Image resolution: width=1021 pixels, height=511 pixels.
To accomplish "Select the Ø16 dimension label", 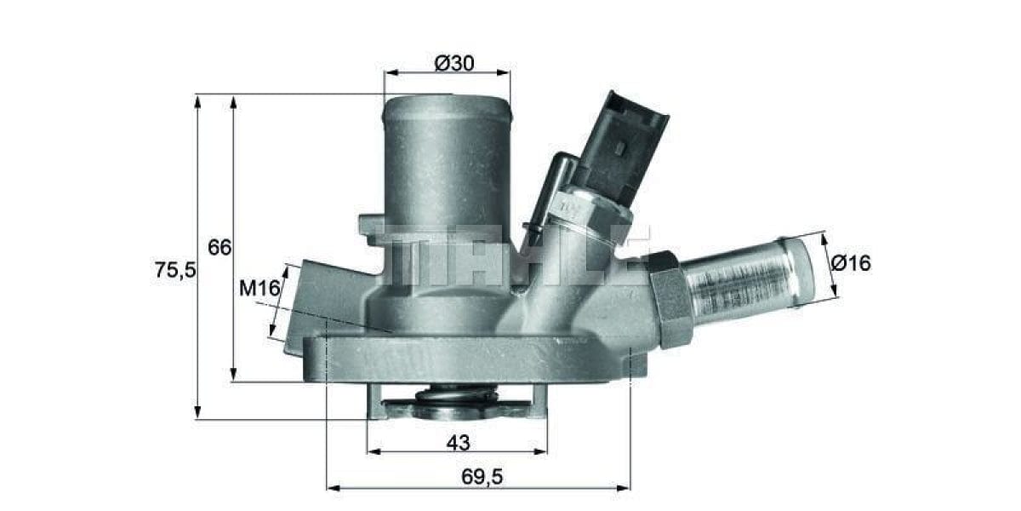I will point(851,263).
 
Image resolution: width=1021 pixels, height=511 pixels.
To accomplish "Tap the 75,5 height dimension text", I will point(175,270).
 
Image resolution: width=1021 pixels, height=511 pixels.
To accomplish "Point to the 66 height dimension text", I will point(220,248).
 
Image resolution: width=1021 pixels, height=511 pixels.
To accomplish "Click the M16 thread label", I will point(260,289).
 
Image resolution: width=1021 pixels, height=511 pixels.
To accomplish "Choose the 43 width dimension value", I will point(458,442).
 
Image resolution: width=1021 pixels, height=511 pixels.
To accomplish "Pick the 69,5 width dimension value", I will point(481,477).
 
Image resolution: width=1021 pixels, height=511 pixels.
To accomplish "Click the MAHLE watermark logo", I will point(510,255).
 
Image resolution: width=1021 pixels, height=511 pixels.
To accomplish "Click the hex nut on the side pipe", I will point(670,298).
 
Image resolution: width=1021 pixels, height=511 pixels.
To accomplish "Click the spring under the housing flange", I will point(457,394).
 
